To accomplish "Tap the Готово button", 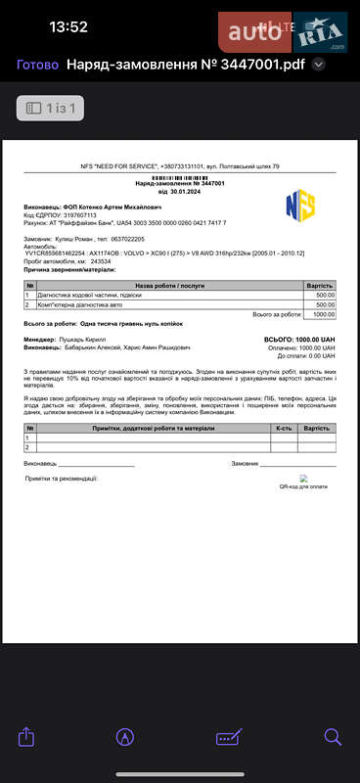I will [36, 66].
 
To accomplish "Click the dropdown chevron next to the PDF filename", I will [318, 66].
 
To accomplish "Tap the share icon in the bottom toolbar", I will [27, 736].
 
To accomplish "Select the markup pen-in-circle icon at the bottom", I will [125, 736].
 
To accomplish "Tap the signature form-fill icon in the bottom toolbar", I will [229, 736].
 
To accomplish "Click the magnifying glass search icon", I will [333, 736].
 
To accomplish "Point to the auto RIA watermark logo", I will [284, 32].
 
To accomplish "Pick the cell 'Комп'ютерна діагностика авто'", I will [87, 304].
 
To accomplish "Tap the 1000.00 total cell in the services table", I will [324, 314].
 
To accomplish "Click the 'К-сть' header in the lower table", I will [284, 428].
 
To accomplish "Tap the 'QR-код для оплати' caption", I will [302, 485].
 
